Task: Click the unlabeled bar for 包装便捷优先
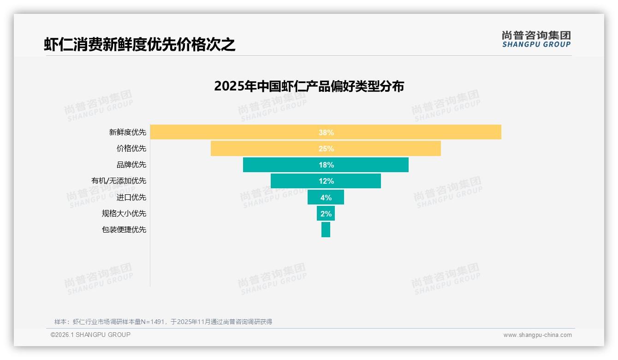coord(326,229)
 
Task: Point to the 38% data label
coord(326,132)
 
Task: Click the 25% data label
coord(326,149)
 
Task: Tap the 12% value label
coord(326,181)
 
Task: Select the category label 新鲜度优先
coord(127,132)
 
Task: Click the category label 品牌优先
coord(131,165)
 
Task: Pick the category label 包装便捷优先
coord(124,229)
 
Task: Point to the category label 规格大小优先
coord(124,213)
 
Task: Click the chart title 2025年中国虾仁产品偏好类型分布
coord(309,86)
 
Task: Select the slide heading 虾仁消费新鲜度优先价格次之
coord(140,44)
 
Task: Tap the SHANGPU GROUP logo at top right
coord(536,39)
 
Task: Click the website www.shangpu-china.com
coord(537,335)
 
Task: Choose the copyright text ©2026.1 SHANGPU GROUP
coord(90,335)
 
